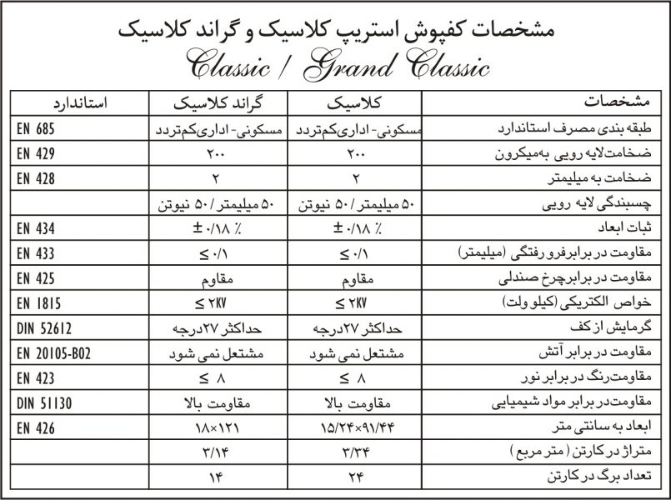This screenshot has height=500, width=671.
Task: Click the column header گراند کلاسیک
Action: [217, 104]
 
